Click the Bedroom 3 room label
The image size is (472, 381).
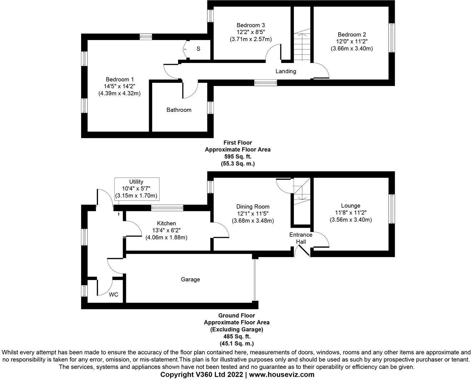[x=251, y=25]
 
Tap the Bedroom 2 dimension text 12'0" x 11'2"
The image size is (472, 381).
[x=352, y=42]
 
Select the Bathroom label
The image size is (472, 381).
[x=179, y=110]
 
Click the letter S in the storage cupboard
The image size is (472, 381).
[x=198, y=49]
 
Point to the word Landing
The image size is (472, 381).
[x=286, y=71]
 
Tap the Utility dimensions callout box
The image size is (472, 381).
[x=136, y=189]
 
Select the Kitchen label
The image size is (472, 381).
[x=166, y=223]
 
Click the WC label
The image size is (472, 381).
[x=114, y=295]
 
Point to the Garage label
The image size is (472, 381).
[x=190, y=279]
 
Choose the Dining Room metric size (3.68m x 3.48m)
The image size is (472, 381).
[x=253, y=221]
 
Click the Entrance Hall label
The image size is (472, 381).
[x=301, y=238]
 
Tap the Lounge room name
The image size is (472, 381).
[x=350, y=206]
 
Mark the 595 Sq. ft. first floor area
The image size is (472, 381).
[x=237, y=156]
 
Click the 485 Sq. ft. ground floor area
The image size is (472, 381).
[x=237, y=337]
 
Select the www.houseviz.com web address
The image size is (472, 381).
[x=281, y=375]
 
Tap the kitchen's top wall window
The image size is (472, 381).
[x=167, y=208]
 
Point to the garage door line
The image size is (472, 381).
[x=255, y=280]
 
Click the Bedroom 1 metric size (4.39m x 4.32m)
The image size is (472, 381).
[x=120, y=93]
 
